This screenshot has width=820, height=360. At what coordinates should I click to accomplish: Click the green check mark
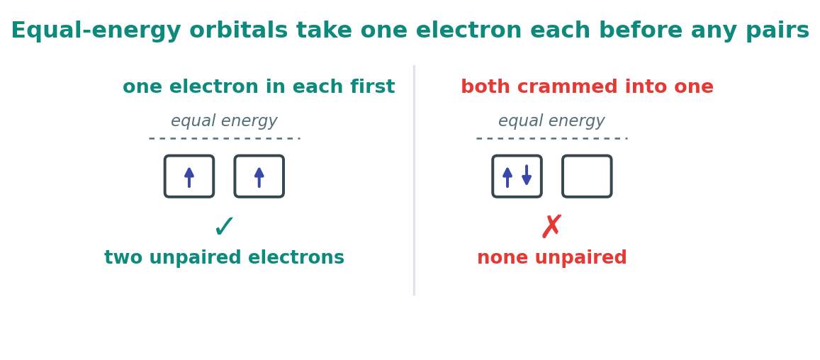tap(225, 227)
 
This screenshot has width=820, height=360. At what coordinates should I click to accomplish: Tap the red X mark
tap(551, 226)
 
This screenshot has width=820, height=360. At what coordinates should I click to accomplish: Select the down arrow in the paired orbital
tap(527, 175)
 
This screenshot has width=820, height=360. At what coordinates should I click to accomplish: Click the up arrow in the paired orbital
tap(507, 177)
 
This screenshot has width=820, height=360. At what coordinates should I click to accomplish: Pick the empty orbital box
tap(587, 176)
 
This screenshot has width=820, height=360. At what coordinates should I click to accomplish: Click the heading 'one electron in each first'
tap(259, 87)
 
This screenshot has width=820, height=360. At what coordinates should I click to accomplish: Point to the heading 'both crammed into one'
tap(587, 87)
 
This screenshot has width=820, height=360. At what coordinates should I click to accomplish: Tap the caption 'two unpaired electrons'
tap(225, 258)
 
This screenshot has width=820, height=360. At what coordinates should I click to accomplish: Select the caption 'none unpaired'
tap(551, 258)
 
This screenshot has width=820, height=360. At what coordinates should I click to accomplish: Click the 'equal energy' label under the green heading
tap(225, 121)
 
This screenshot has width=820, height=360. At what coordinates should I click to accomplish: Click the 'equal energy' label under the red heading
tap(551, 121)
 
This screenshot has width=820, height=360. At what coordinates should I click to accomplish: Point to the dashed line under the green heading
tap(225, 139)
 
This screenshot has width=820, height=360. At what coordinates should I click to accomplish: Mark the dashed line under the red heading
tap(551, 139)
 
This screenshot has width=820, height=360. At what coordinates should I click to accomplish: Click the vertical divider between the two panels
tap(414, 181)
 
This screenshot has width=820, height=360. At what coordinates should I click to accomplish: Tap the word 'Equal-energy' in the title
tap(96, 31)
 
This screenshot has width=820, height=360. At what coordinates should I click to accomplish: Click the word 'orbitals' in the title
tap(238, 31)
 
